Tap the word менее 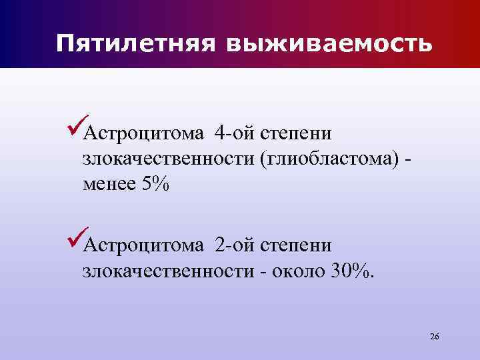[x=108, y=185]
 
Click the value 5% [x=156, y=185]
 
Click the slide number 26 [x=434, y=336]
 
